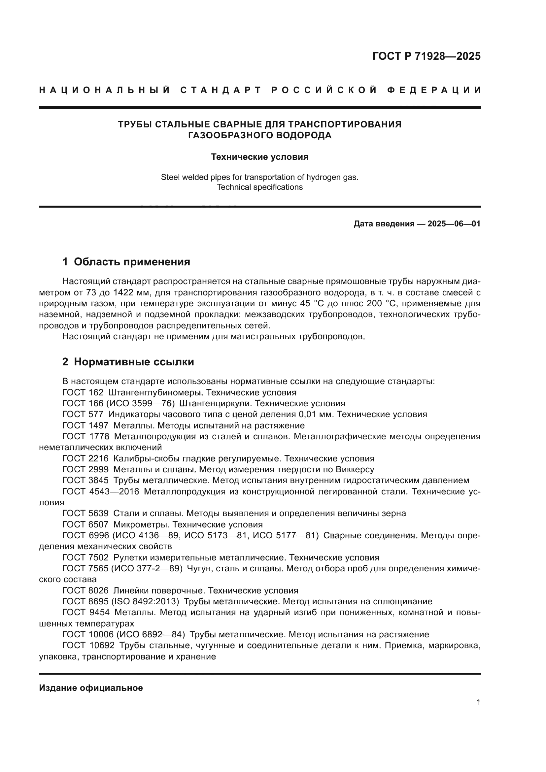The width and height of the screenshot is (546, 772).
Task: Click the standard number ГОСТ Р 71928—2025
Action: (426, 56)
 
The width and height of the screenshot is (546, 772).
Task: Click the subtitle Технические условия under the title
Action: (259, 157)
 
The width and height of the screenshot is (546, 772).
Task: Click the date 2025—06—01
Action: (454, 224)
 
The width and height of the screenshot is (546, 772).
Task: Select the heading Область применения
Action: (132, 262)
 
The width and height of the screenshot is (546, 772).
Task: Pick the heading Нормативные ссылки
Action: (134, 362)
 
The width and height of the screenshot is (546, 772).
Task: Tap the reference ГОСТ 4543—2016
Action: (101, 491)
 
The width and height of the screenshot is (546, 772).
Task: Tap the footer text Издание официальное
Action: (91, 688)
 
